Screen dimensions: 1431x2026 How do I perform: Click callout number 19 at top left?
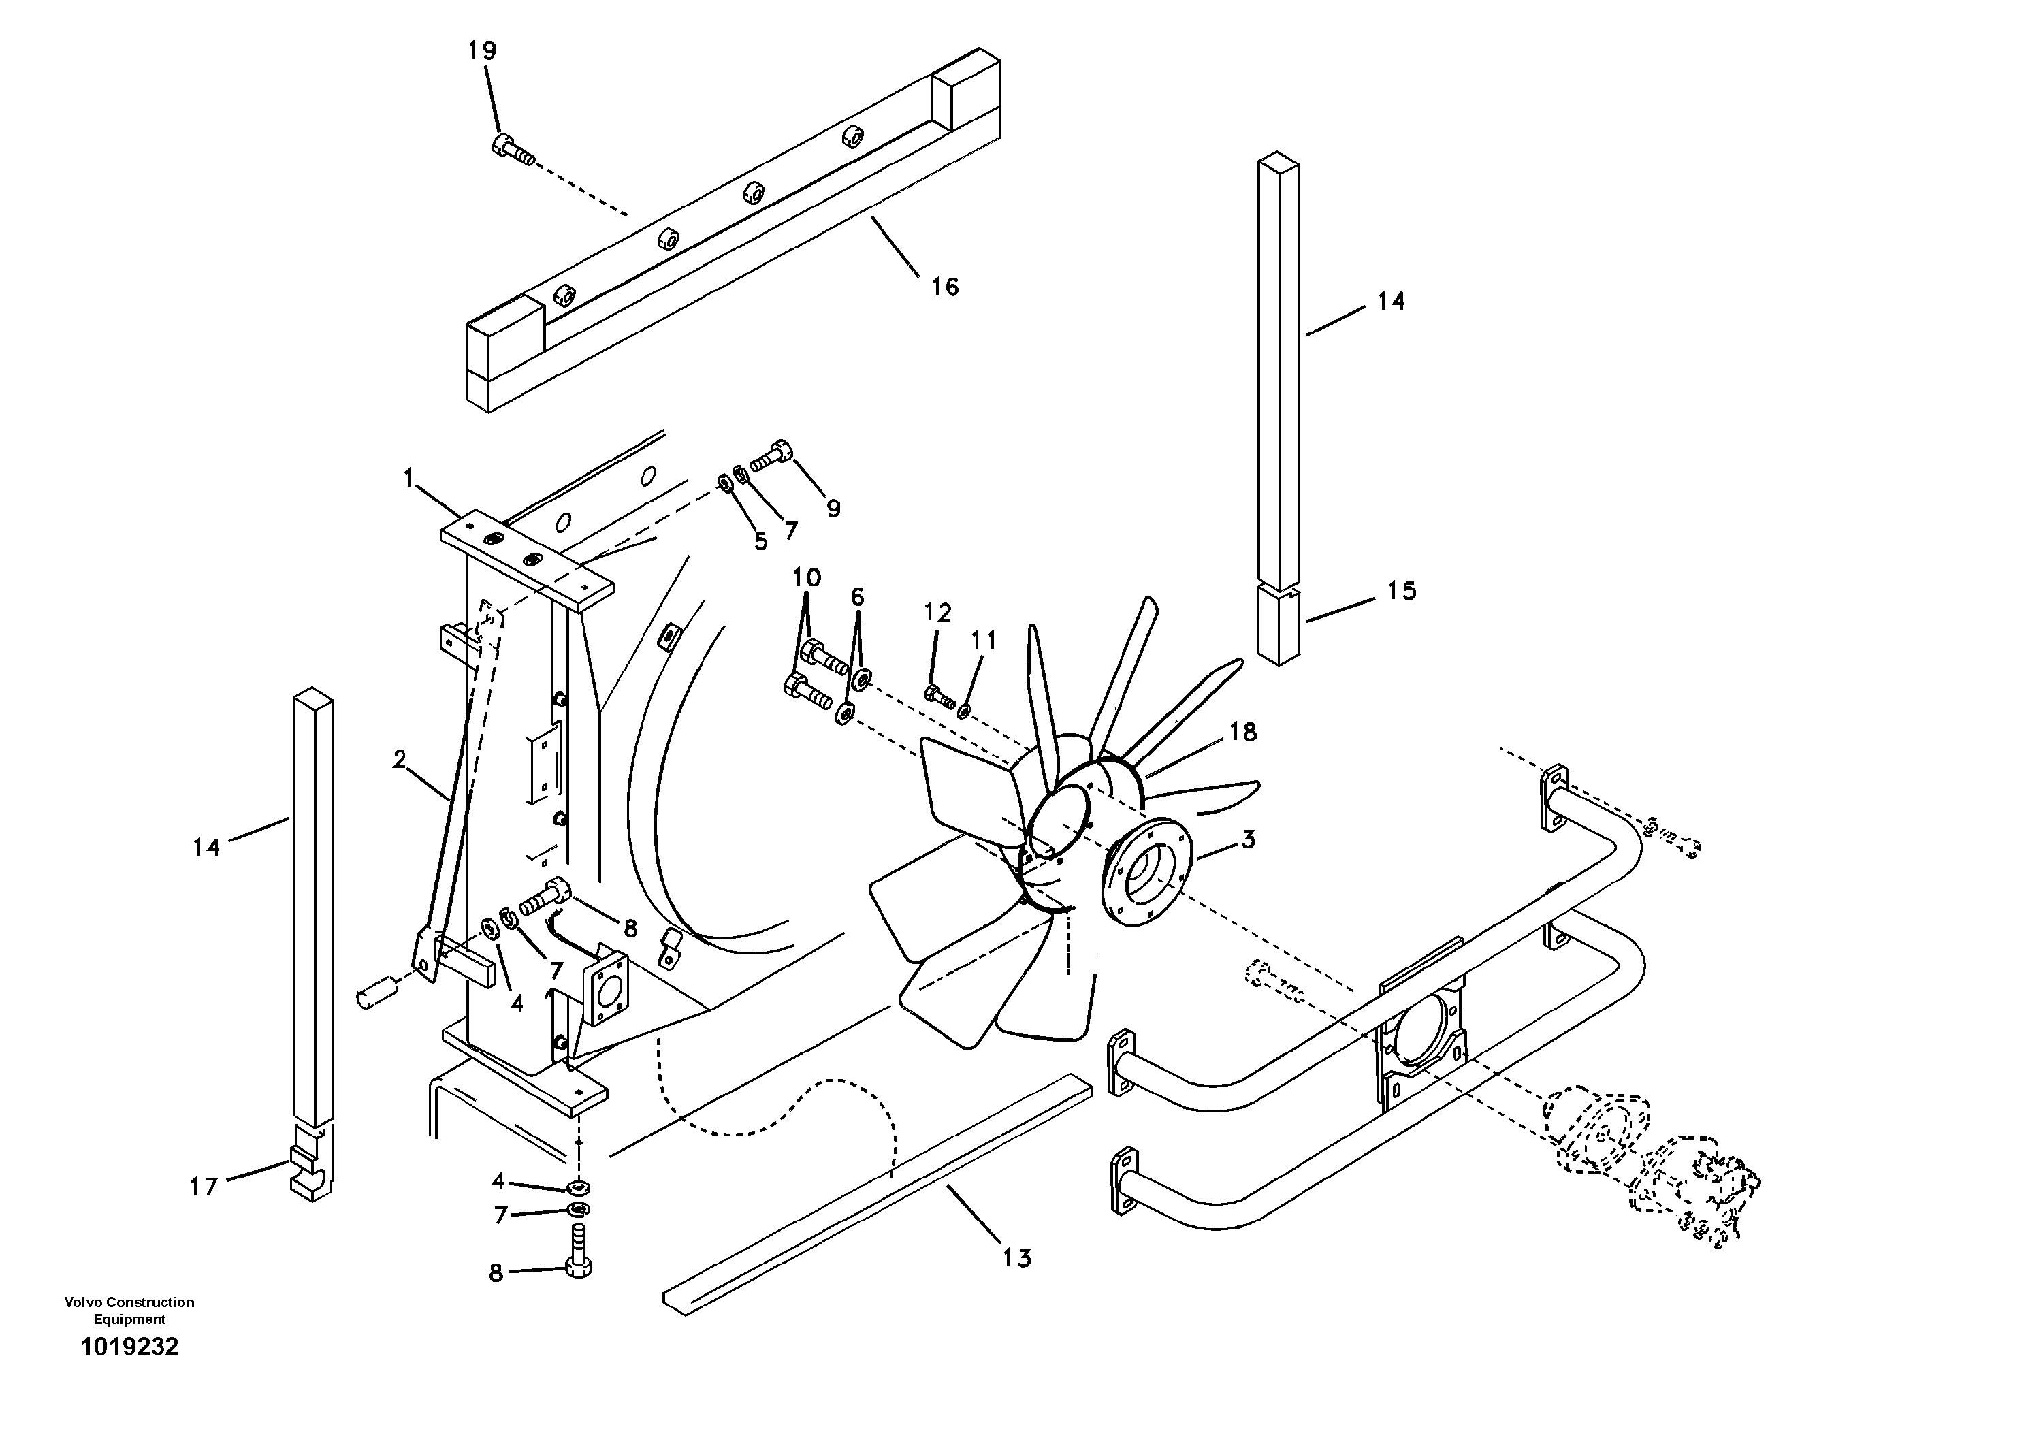tap(482, 51)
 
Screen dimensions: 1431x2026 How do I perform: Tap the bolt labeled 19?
tap(512, 149)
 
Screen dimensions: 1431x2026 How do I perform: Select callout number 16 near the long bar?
tap(944, 287)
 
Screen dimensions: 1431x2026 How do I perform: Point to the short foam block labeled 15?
tap(1277, 626)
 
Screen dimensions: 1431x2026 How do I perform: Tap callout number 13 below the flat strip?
tap(1016, 1258)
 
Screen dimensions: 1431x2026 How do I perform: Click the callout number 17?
tap(204, 1187)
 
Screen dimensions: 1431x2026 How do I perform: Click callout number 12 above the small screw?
tap(937, 612)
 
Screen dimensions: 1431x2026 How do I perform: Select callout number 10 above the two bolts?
tap(807, 578)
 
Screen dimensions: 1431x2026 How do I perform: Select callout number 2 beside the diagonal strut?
tap(400, 759)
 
